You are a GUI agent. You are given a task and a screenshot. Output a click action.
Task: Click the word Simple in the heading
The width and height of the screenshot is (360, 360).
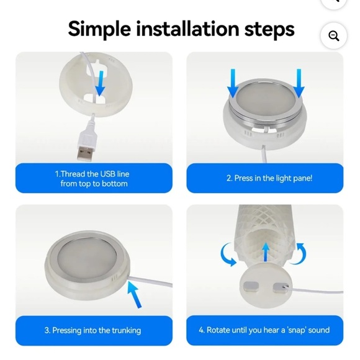coord(99,29)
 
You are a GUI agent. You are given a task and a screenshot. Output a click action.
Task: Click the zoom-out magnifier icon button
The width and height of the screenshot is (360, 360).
coord(333,36)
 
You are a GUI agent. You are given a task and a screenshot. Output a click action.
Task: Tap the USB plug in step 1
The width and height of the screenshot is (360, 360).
coord(86,146)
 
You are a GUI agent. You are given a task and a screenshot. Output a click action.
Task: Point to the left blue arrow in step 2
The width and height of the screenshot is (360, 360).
coord(233,83)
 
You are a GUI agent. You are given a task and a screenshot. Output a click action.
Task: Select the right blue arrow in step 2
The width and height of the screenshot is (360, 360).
coord(299,83)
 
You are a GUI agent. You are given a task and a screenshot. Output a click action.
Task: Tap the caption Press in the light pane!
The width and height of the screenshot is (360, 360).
coord(269,178)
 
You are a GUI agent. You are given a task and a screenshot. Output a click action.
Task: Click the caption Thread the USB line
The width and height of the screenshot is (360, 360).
coord(92,174)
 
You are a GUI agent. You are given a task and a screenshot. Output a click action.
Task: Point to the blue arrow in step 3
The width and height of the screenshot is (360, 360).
coord(135,294)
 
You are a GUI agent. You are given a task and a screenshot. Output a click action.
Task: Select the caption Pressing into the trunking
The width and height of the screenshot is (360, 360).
coord(92,330)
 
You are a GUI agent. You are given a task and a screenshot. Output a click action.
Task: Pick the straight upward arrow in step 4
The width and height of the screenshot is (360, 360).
coord(266,252)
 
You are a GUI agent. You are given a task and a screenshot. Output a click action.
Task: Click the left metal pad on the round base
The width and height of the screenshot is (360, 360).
coord(251,287)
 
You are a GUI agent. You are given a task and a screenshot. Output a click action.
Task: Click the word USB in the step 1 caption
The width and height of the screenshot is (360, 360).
coord(107,174)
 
